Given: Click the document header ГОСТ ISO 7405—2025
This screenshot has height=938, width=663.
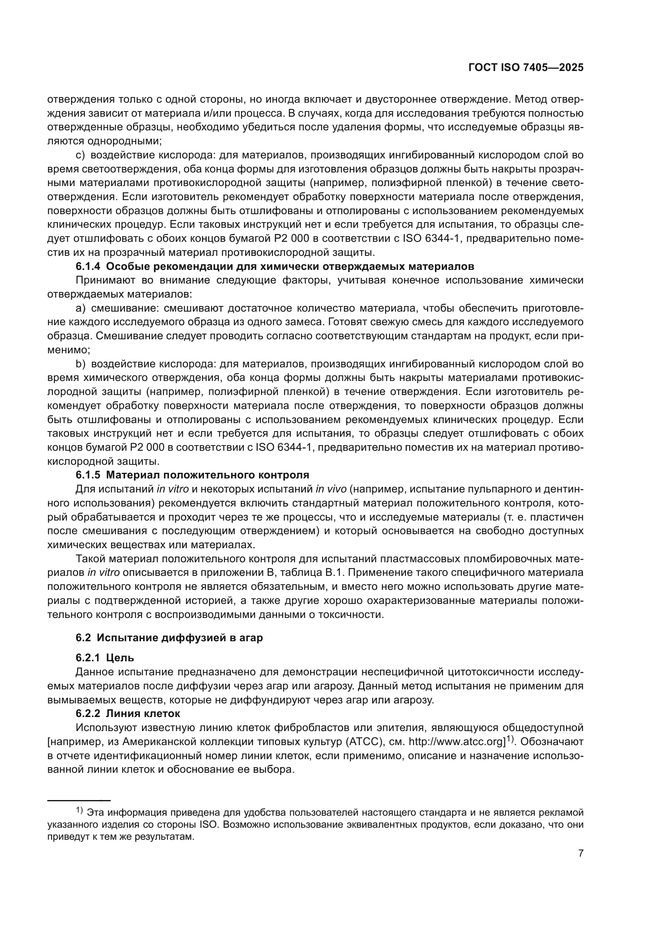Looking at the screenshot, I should pyautogui.click(x=526, y=68).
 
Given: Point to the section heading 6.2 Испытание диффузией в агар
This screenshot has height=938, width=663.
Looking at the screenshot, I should pyautogui.click(x=169, y=638).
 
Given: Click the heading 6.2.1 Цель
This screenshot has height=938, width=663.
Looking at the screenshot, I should pyautogui.click(x=105, y=658).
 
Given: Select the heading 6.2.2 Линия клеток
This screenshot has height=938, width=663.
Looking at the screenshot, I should pyautogui.click(x=127, y=714).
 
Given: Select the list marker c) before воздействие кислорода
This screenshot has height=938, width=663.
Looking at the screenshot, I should pyautogui.click(x=80, y=155).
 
